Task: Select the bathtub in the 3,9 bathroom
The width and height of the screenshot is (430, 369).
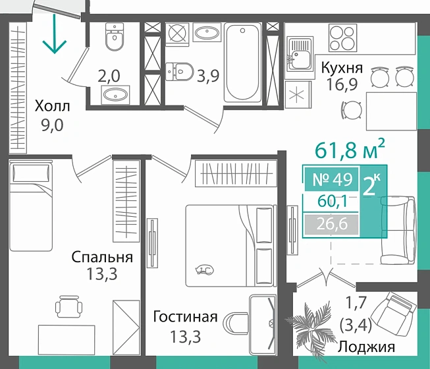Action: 244,62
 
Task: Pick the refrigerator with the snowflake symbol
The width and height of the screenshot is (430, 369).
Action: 298,94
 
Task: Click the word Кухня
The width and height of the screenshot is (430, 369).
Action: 341,67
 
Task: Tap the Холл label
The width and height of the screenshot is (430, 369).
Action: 51,106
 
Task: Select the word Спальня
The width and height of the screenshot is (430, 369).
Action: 102,258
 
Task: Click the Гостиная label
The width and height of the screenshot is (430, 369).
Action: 185,317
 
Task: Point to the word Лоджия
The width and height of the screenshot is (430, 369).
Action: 367,347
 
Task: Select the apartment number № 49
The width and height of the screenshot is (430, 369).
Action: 331,178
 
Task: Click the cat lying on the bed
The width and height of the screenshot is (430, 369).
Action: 205,270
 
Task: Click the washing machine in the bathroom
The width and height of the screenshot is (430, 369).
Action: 177,34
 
